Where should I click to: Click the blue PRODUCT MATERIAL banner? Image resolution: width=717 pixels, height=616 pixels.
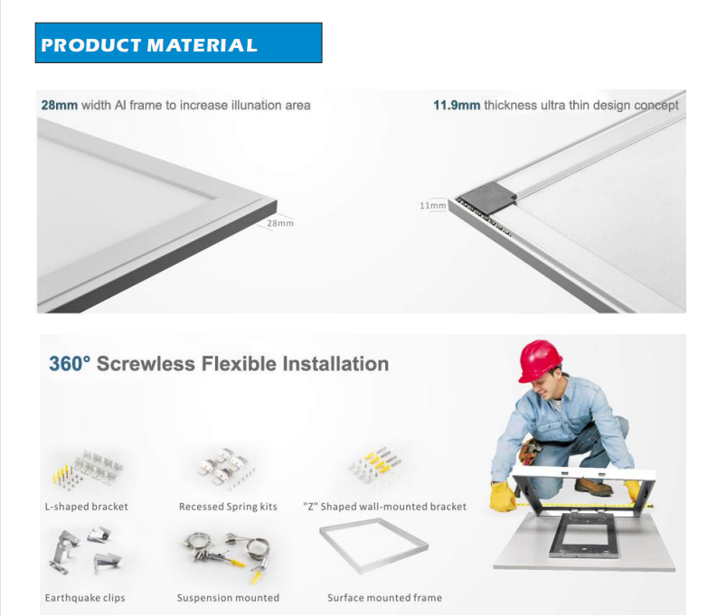[x=178, y=42]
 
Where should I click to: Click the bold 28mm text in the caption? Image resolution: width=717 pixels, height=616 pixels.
[x=60, y=106]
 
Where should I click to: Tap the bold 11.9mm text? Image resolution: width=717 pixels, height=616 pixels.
[x=457, y=106]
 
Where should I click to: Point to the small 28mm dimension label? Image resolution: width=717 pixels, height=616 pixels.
[x=280, y=223]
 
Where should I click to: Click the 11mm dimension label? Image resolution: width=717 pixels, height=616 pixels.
[x=432, y=206]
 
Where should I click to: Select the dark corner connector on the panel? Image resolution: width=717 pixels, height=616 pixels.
[x=488, y=195]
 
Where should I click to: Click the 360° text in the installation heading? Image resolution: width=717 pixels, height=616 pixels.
[x=70, y=364]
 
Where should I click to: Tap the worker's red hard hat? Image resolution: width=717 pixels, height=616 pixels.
[x=540, y=359]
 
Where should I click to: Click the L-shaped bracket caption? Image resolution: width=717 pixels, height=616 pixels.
[x=87, y=507]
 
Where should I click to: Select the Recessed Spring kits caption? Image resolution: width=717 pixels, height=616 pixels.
[x=228, y=507]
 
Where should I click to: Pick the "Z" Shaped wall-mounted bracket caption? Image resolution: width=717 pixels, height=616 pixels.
[x=384, y=507]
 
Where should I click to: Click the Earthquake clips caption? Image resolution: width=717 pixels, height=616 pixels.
[x=85, y=598]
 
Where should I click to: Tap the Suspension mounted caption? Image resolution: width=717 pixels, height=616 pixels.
[x=228, y=598]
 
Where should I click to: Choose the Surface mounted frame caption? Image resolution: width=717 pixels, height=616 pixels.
[x=384, y=598]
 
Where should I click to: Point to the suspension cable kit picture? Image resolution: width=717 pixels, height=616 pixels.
[x=227, y=556]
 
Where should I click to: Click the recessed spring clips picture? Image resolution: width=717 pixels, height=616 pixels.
[x=225, y=468]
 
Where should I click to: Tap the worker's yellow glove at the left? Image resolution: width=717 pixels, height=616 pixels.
[x=503, y=496]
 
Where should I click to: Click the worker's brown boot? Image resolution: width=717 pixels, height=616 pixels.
[x=593, y=486]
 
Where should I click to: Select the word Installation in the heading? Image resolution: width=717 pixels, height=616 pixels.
[x=335, y=364]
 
